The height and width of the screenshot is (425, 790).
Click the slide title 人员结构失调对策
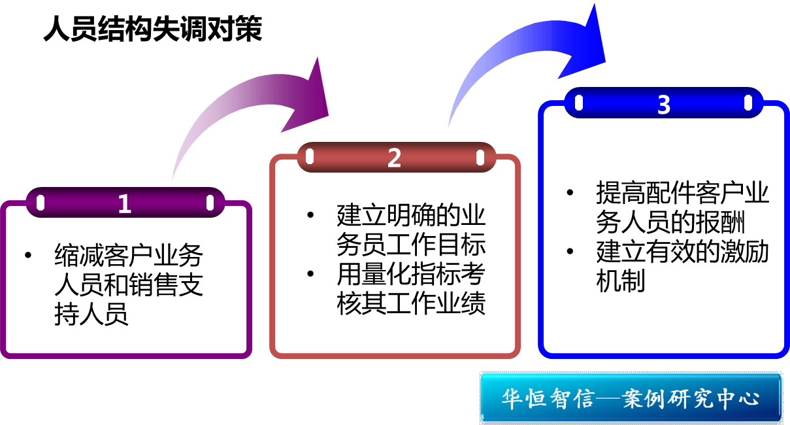(152, 29)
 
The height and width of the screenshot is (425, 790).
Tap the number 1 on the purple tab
(125, 204)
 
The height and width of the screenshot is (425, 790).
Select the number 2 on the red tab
(394, 158)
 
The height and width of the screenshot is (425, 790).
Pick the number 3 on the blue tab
(664, 105)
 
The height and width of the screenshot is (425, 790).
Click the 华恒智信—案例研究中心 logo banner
(631, 398)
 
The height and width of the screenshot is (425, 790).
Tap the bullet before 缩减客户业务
(27, 255)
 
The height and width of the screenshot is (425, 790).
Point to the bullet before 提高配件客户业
(570, 193)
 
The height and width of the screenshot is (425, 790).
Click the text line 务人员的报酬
(670, 223)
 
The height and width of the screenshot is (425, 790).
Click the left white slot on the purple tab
(40, 203)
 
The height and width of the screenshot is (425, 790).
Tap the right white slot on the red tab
(480, 157)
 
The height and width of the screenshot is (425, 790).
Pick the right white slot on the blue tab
(748, 103)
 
